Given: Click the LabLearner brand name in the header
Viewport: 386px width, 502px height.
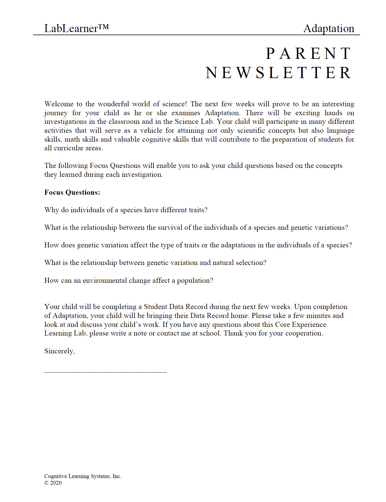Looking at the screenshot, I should pos(71,28).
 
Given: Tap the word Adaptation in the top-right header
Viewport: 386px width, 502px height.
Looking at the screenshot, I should pos(329,28).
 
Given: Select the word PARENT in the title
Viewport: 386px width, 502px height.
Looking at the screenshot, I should pos(309,53).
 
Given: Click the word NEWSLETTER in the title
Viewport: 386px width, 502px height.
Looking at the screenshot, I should pos(278,73).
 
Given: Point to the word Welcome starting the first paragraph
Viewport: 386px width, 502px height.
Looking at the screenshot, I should pos(59,104).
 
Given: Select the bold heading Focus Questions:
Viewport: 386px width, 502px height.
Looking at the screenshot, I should pos(72,192).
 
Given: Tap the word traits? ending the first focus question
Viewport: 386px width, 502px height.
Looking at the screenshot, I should pos(198,210).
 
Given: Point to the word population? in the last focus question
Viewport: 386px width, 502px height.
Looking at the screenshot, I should pos(195,281).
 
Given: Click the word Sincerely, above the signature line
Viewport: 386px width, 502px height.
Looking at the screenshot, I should pos(60,351).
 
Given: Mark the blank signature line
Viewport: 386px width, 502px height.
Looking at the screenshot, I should pos(105,372).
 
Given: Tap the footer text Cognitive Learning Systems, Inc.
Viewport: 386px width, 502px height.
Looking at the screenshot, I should pos(83,476).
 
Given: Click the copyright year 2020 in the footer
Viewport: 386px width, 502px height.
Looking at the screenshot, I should pos(56,483).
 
